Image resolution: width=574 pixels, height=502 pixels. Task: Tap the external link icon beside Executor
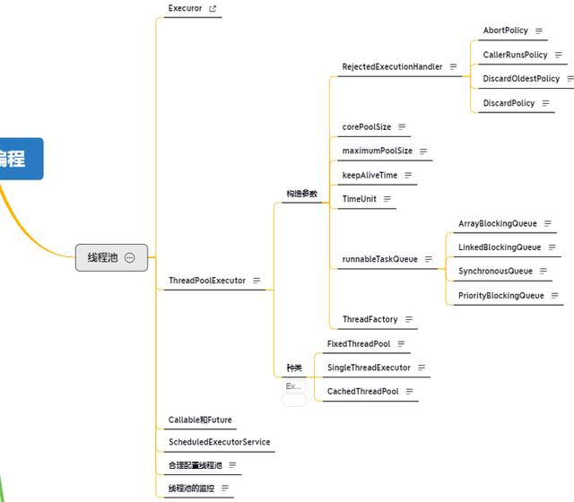pos(213,9)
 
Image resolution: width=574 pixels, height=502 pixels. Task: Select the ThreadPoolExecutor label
pos(206,281)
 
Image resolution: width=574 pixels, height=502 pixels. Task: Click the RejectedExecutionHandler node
pos(392,67)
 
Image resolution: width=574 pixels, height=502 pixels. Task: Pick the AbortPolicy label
pos(505,30)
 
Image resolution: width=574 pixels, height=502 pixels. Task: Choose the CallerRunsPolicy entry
pos(515,55)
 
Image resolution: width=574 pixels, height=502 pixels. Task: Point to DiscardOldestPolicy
pos(520,79)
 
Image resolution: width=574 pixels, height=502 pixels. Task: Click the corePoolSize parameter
pos(366,127)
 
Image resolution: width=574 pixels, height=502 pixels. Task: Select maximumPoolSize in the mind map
pos(377,151)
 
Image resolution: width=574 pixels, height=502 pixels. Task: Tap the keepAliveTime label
pos(369,176)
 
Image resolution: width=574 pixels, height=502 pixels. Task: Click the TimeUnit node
pos(359,199)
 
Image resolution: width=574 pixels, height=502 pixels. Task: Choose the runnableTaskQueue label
pos(379,259)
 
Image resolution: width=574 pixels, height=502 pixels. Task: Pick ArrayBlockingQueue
pos(497,223)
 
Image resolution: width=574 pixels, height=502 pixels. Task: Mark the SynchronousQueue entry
pos(495,271)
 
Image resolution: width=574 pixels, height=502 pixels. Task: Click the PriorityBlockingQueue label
pos(500,295)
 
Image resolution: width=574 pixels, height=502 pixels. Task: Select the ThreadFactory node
pos(369,319)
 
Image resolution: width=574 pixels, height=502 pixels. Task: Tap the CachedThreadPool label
pos(362,392)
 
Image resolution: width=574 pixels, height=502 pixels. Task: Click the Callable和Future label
pos(200,420)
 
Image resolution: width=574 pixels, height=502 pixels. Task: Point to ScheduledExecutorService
pos(219,442)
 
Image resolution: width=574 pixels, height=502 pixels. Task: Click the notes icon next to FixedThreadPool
pos(402,343)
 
